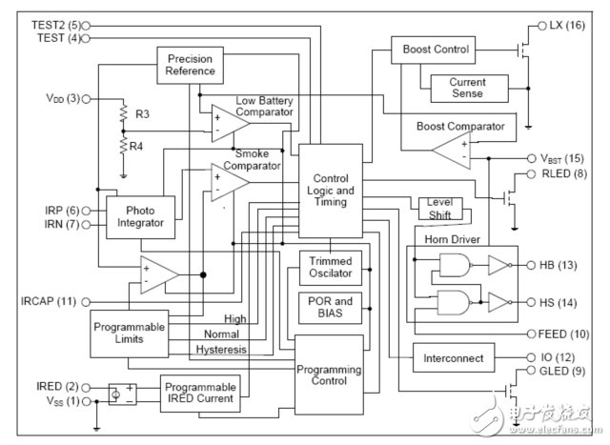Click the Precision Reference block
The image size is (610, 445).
(x=190, y=66)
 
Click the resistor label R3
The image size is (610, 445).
(x=143, y=114)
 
